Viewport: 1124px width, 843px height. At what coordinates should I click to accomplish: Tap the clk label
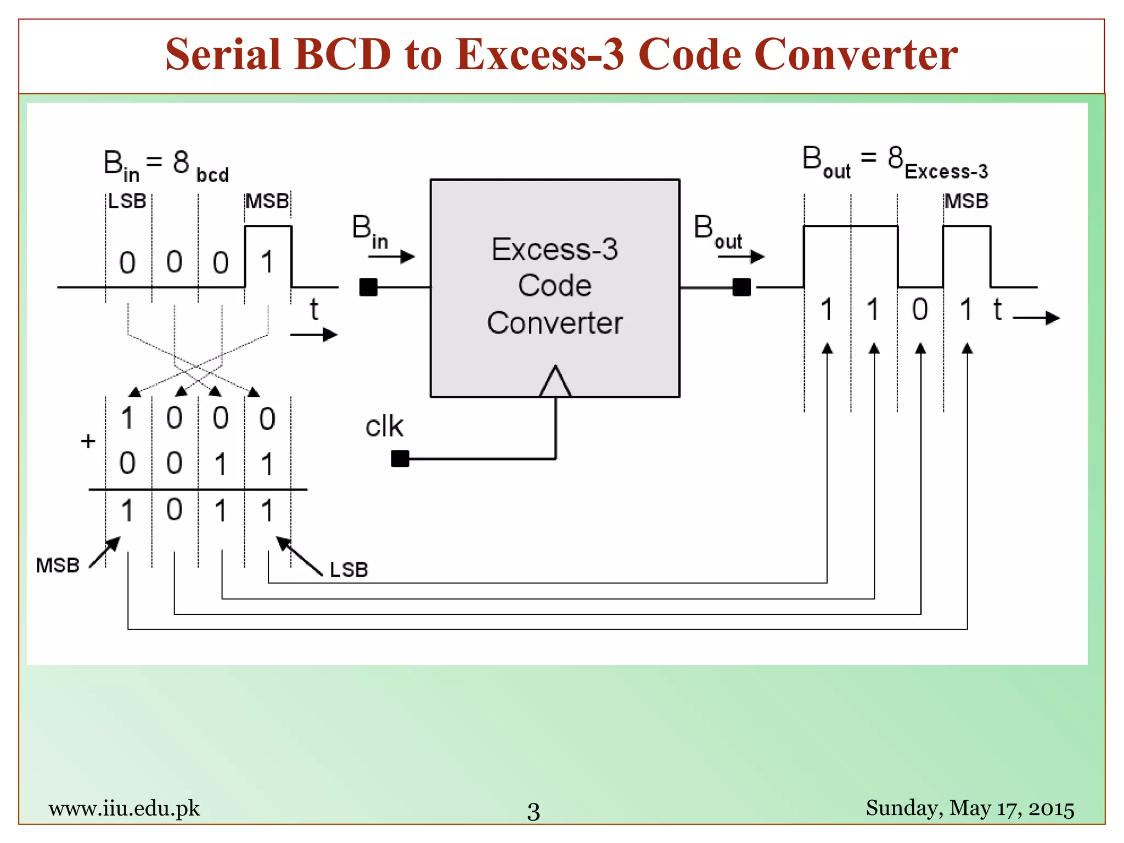(x=384, y=426)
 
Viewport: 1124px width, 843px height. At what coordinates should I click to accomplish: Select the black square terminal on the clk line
(x=400, y=458)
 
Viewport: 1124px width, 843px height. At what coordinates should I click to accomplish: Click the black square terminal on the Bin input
(x=368, y=287)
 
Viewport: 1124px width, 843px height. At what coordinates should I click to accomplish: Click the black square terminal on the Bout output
(x=741, y=287)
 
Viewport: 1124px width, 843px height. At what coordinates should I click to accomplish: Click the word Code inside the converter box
(x=554, y=286)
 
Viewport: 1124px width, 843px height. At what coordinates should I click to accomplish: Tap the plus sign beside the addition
(x=88, y=441)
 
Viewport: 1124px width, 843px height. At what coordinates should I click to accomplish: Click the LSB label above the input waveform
(x=127, y=201)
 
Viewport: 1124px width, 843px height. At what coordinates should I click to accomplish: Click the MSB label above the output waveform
(x=966, y=201)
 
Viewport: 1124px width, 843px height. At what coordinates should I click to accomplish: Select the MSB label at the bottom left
(x=58, y=565)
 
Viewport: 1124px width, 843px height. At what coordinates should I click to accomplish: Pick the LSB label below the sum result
(x=349, y=570)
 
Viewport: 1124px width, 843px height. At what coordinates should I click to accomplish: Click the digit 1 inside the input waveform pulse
(x=267, y=262)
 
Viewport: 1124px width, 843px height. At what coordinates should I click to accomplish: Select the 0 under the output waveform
(x=920, y=310)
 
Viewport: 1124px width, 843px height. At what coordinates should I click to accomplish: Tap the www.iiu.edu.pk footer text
(x=124, y=808)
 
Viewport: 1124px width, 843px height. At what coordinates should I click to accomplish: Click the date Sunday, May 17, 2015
(x=970, y=808)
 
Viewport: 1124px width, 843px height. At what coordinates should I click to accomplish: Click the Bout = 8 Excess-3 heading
(x=895, y=162)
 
